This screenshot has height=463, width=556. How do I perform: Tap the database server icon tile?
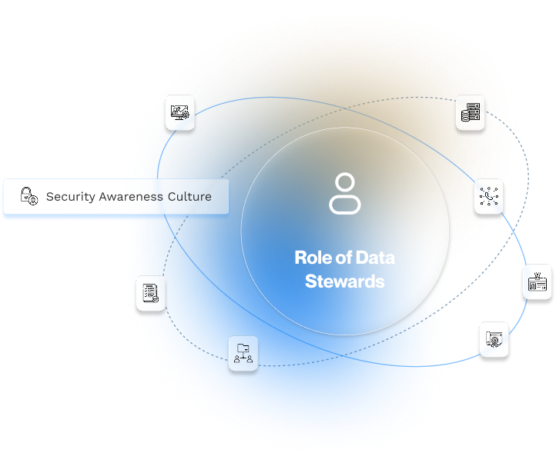click(x=469, y=113)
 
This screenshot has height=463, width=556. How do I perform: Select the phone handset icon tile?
click(x=490, y=196)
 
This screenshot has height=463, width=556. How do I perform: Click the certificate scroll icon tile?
click(x=494, y=339)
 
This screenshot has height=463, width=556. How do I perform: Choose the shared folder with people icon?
click(x=243, y=354)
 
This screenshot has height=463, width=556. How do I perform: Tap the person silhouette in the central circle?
click(x=344, y=194)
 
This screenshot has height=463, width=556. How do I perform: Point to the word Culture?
click(x=189, y=196)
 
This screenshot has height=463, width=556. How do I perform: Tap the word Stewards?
click(x=344, y=281)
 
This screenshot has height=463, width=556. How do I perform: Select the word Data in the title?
click(x=376, y=258)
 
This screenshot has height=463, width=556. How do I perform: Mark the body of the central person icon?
click(x=344, y=205)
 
